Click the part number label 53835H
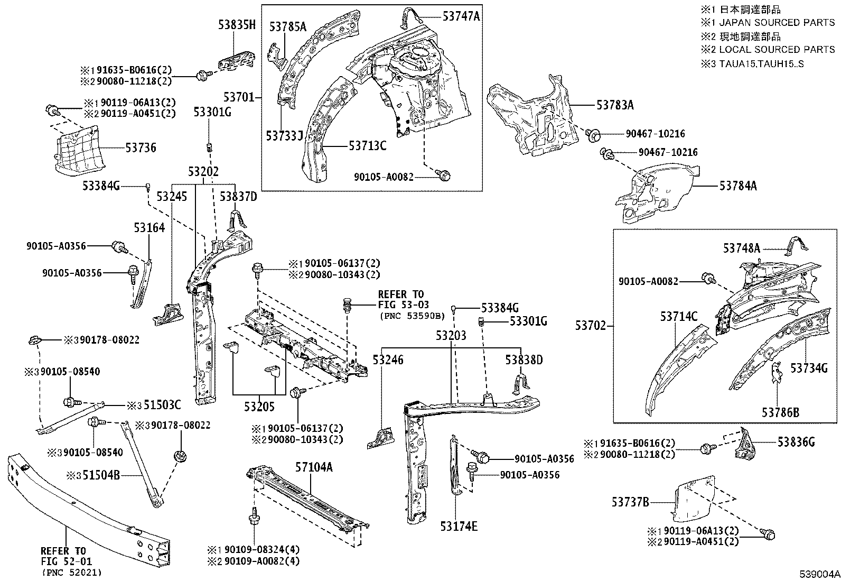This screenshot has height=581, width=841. (237, 24)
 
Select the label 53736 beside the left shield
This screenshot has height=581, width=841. (141, 147)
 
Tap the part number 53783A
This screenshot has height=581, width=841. (615, 105)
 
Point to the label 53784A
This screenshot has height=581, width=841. (738, 186)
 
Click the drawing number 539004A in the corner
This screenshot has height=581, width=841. (819, 574)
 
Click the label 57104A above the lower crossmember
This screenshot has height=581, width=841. (314, 467)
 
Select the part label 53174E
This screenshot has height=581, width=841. (459, 526)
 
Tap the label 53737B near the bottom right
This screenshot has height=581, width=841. (630, 502)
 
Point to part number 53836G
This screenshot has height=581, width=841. (796, 442)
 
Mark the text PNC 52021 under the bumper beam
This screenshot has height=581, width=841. (72, 572)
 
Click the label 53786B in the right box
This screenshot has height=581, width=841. (780, 412)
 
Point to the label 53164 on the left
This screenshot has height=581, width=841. (149, 228)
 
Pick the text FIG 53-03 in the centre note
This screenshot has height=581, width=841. (403, 305)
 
